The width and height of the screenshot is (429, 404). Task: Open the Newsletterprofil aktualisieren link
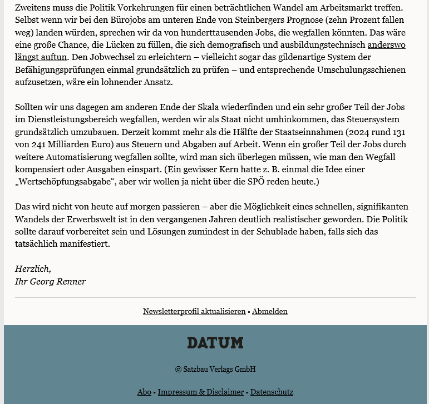[194, 312]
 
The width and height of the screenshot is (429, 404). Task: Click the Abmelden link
[270, 312]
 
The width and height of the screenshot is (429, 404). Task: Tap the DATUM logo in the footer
[215, 343]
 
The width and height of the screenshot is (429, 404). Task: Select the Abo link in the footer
[144, 392]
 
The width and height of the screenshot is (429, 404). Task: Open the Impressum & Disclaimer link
[201, 392]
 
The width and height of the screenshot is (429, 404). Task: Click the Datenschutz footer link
[272, 392]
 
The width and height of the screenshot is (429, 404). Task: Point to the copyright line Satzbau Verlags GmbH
[215, 370]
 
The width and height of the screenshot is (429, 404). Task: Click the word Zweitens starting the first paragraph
[34, 8]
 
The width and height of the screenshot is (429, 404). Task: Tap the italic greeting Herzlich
[33, 269]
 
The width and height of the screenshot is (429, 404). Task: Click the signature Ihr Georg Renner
[51, 282]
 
